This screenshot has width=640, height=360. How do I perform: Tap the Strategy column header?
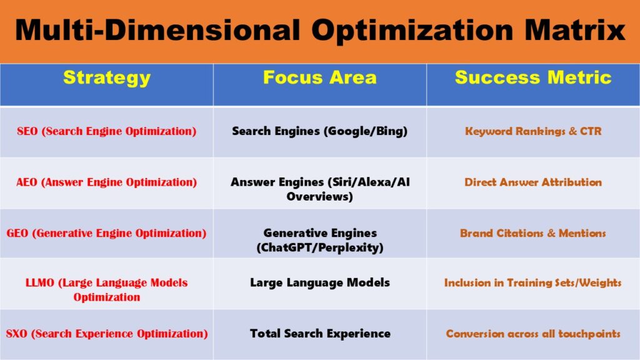click(107, 77)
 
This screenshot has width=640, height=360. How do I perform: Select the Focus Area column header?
click(319, 77)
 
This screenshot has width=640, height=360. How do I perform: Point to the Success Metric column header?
click(533, 77)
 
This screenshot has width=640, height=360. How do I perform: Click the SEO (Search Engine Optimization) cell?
click(106, 132)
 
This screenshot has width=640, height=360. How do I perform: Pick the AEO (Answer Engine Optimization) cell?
click(106, 182)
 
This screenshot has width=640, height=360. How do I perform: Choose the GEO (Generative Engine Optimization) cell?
click(106, 233)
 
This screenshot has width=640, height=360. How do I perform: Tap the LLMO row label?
click(106, 289)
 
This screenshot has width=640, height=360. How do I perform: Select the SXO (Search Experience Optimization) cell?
click(106, 334)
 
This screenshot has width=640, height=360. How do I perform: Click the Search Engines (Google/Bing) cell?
click(320, 132)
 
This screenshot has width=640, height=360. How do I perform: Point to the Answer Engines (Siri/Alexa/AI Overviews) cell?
click(320, 189)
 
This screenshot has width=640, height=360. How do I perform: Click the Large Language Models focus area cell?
click(320, 282)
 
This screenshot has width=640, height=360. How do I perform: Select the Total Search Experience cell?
click(320, 334)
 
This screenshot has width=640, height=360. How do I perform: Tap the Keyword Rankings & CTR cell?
click(533, 132)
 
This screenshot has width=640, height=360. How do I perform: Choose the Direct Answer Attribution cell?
click(533, 182)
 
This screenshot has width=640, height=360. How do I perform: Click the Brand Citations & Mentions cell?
click(533, 233)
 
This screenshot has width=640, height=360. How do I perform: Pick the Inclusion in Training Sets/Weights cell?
click(533, 282)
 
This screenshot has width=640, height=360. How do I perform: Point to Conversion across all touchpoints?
click(533, 334)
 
